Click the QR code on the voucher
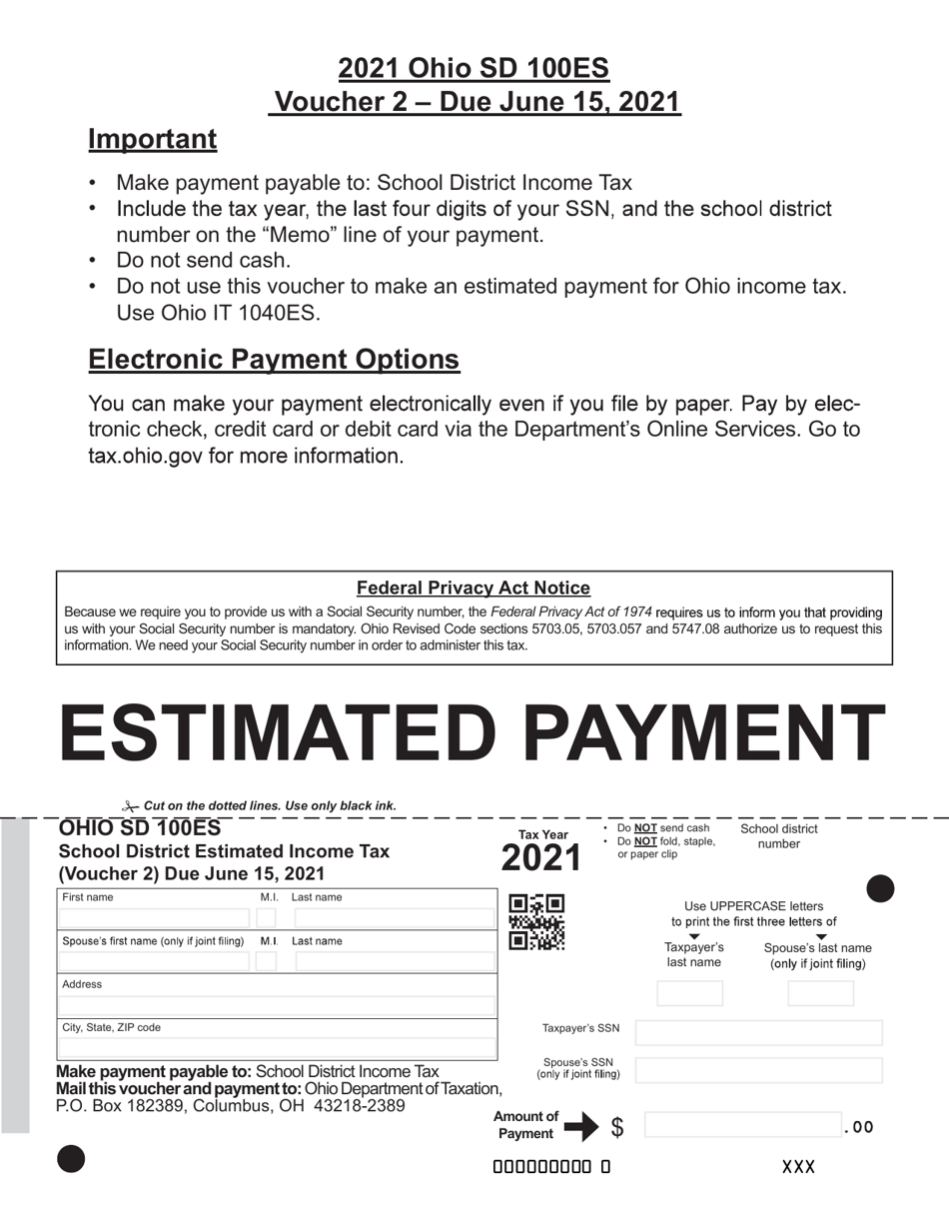[536, 922]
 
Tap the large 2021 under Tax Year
[540, 858]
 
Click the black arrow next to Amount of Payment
[580, 1127]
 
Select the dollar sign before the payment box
[617, 1127]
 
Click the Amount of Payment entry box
[743, 1125]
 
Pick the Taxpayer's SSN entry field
[758, 1032]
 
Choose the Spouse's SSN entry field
[758, 1070]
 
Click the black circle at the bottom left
[71, 1159]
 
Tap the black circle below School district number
[880, 888]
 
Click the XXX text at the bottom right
[798, 1167]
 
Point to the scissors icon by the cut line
[130, 805]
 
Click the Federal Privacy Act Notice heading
[474, 589]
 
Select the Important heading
[152, 139]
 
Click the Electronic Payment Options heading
[274, 360]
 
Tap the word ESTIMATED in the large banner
[277, 733]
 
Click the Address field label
[82, 984]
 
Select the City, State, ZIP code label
[111, 1027]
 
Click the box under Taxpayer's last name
[689, 993]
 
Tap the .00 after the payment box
[859, 1127]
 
